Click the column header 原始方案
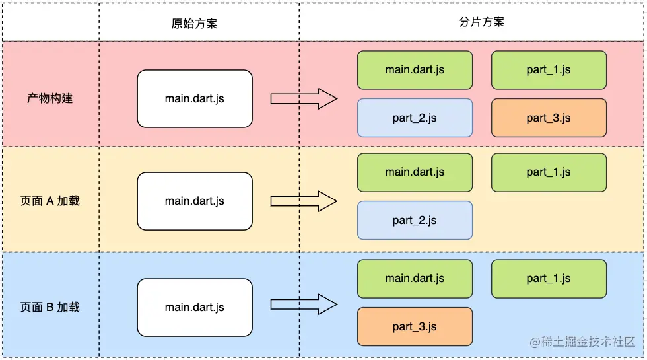coord(194,23)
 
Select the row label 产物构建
coord(50,98)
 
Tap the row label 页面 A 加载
coord(50,201)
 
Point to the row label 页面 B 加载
coord(50,307)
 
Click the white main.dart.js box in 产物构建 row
coord(194,98)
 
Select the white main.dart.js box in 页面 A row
coord(194,201)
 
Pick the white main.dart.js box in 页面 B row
coord(194,307)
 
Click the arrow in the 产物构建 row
coord(304,98)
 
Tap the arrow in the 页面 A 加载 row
coord(304,201)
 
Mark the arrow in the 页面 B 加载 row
coord(304,305)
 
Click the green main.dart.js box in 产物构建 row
coord(415,70)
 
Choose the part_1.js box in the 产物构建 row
coord(549,70)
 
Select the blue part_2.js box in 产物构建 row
coord(415,118)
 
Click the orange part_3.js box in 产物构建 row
coord(549,118)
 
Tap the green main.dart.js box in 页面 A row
coord(415,172)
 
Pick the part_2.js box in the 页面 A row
coord(415,221)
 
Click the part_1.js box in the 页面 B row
coord(549,279)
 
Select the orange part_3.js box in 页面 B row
coord(415,326)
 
